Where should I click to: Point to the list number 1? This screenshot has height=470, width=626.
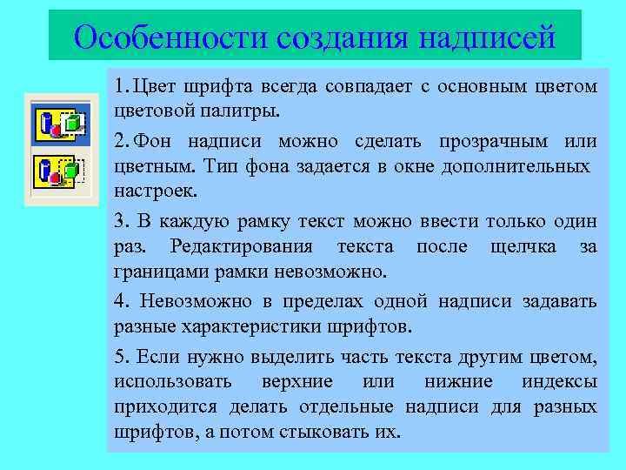118,86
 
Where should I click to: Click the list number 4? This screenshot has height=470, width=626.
119,302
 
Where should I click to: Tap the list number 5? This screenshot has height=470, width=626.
119,357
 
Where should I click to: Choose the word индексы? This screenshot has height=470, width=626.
560,381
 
